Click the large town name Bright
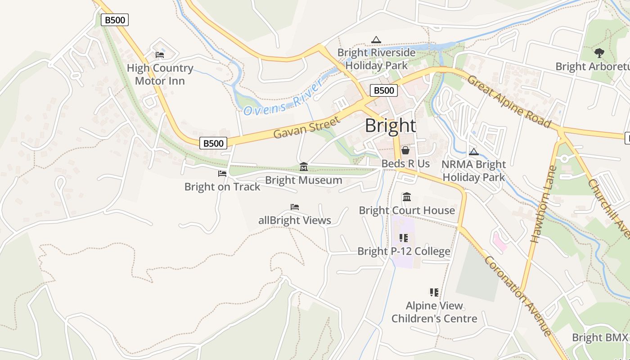(x=390, y=126)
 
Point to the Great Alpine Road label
(x=509, y=101)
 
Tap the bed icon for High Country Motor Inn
(x=160, y=55)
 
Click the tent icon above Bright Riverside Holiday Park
(x=376, y=40)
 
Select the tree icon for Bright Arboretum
(x=599, y=53)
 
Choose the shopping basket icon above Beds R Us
(x=405, y=150)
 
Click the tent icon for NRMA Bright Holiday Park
(x=473, y=152)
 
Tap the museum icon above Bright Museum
(x=304, y=167)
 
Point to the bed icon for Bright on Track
(x=222, y=173)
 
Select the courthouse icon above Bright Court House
(x=407, y=197)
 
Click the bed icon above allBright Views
(x=295, y=207)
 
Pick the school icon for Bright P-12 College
(x=403, y=238)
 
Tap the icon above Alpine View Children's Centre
(x=434, y=292)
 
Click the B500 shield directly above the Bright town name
(x=384, y=90)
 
